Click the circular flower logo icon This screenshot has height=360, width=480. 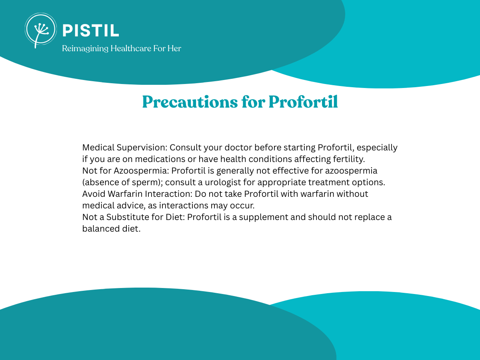[x=41, y=30]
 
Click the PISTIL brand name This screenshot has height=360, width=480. [x=91, y=31]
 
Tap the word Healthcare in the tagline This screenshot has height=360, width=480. [x=130, y=48]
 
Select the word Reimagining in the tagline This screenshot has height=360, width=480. [x=85, y=49]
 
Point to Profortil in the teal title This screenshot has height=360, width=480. [x=303, y=102]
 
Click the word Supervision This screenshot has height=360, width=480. [x=142, y=148]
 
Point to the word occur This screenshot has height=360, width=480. [x=242, y=206]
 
